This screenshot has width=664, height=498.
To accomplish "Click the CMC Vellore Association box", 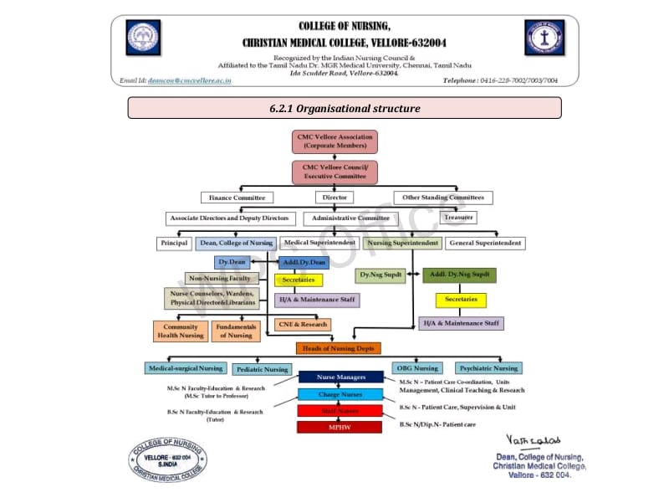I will (335, 141).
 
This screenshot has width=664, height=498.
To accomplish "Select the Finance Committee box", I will (238, 198).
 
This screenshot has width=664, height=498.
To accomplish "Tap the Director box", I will (334, 198).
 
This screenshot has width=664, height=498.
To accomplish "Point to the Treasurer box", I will (459, 217).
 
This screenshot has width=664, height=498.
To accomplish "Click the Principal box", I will (173, 243).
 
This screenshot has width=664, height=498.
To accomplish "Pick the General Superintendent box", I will (485, 243).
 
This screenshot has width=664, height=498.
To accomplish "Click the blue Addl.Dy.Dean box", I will (304, 262).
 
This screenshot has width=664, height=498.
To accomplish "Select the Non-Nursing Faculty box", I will (219, 278).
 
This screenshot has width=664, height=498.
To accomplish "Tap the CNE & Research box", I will (303, 324).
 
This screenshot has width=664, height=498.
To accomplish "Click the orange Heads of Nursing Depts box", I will (338, 348).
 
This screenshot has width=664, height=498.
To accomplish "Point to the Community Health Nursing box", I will (180, 331).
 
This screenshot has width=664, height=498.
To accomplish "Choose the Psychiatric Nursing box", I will (488, 368).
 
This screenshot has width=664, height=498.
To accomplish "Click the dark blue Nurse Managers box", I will (340, 377).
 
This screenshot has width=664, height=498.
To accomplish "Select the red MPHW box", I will (340, 427).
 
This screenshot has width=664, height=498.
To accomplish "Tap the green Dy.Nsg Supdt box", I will (381, 275).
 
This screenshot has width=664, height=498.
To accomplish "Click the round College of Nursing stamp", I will (168, 459).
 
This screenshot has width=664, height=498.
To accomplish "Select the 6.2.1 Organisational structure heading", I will (344, 108).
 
